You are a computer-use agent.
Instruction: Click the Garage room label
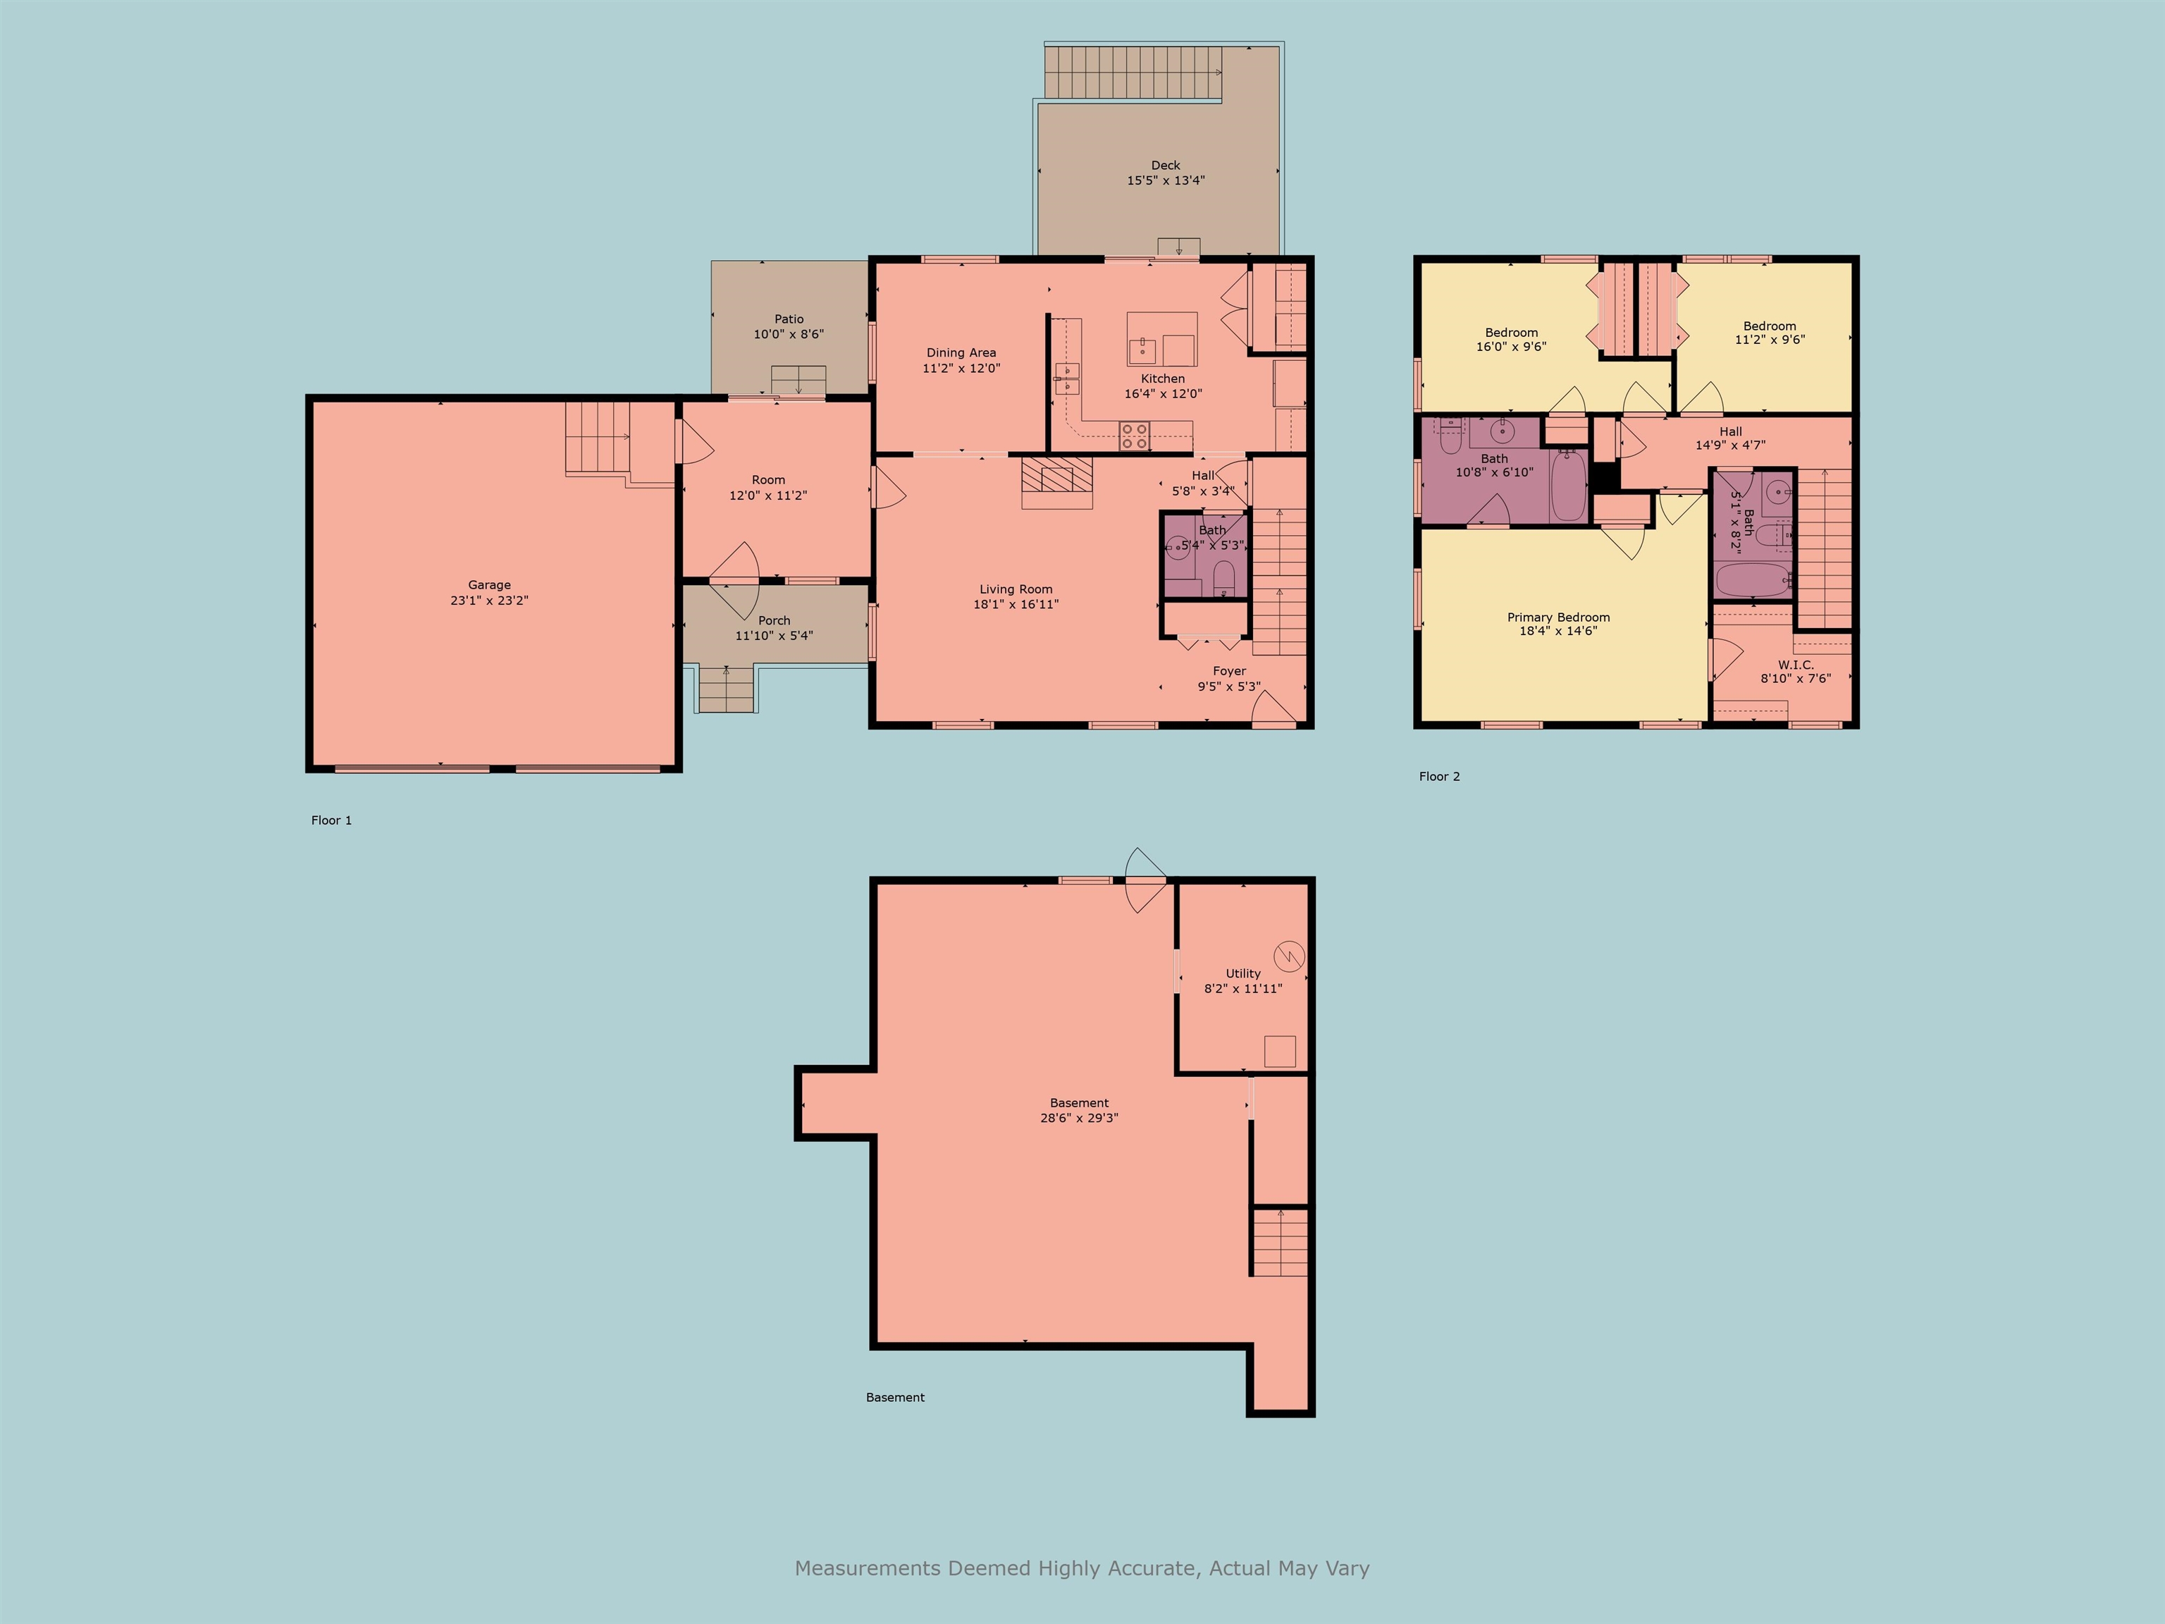coord(488,584)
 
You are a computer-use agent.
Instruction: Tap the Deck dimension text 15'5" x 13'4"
coord(1165,180)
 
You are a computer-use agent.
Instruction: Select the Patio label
coord(789,319)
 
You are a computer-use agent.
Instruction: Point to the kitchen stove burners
coord(1135,436)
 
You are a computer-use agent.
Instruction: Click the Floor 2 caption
coord(1439,776)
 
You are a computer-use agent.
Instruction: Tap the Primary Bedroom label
coord(1558,617)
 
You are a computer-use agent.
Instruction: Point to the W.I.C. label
coord(1795,665)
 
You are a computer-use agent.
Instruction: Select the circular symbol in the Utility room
coord(1289,955)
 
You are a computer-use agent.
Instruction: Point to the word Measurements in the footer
coord(867,1568)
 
